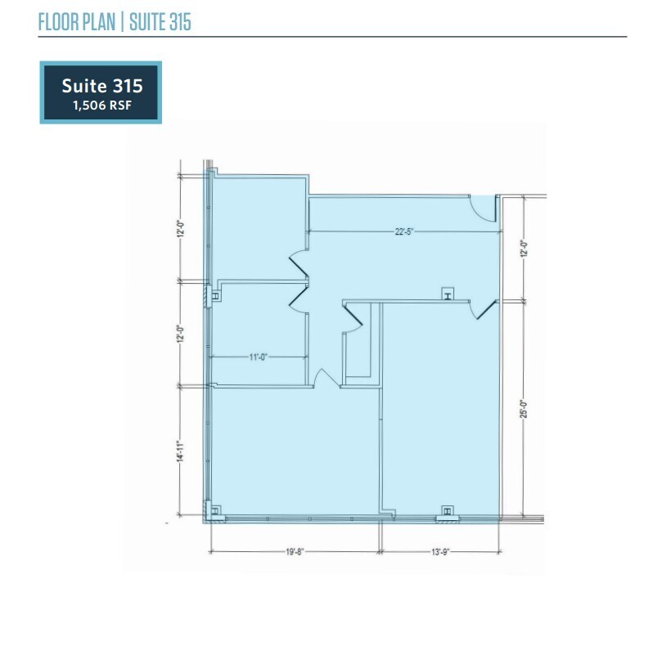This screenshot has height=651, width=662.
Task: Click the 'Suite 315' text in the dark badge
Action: coord(101,85)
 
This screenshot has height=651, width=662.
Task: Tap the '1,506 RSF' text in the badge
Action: coord(101,104)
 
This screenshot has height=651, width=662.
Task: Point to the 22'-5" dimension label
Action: coord(405,231)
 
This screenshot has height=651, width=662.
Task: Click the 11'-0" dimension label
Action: coord(259,357)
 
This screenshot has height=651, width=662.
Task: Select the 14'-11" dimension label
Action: coord(178,451)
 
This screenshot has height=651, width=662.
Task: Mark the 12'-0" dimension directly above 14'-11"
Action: coord(178,334)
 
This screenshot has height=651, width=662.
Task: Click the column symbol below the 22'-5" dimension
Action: coord(447,294)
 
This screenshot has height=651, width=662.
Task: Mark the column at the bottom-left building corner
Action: coord(215,512)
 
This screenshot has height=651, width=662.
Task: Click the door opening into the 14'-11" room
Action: coord(325,378)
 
